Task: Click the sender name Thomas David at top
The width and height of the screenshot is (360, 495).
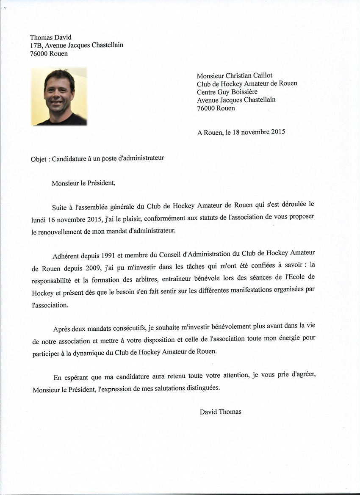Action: pyautogui.click(x=51, y=38)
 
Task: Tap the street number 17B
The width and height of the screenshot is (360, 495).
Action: pyautogui.click(x=36, y=45)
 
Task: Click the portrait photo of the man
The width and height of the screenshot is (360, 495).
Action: pyautogui.click(x=59, y=97)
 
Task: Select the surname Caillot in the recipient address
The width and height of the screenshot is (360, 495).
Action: pyautogui.click(x=259, y=75)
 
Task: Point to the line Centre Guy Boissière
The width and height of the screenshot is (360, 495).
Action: pyautogui.click(x=227, y=91)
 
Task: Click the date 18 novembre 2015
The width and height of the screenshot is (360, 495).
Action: pyautogui.click(x=259, y=132)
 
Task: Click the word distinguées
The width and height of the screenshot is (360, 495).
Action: pyautogui.click(x=200, y=389)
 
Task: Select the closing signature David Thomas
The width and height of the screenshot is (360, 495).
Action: pyautogui.click(x=220, y=412)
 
